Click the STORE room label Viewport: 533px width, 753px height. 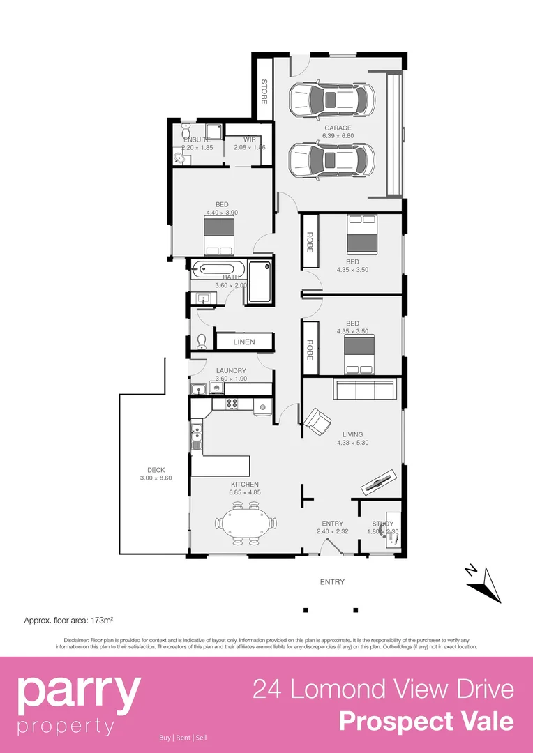point(264,91)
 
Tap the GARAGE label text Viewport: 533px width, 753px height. point(338,128)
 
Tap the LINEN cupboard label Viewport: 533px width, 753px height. point(244,342)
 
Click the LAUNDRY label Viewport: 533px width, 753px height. point(231,370)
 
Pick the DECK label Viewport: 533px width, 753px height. point(156,470)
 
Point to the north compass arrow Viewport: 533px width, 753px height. point(486,582)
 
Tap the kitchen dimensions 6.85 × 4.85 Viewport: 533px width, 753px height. point(245,493)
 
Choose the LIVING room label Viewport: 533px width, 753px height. point(353,434)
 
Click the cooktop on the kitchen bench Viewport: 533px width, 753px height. point(231,403)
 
